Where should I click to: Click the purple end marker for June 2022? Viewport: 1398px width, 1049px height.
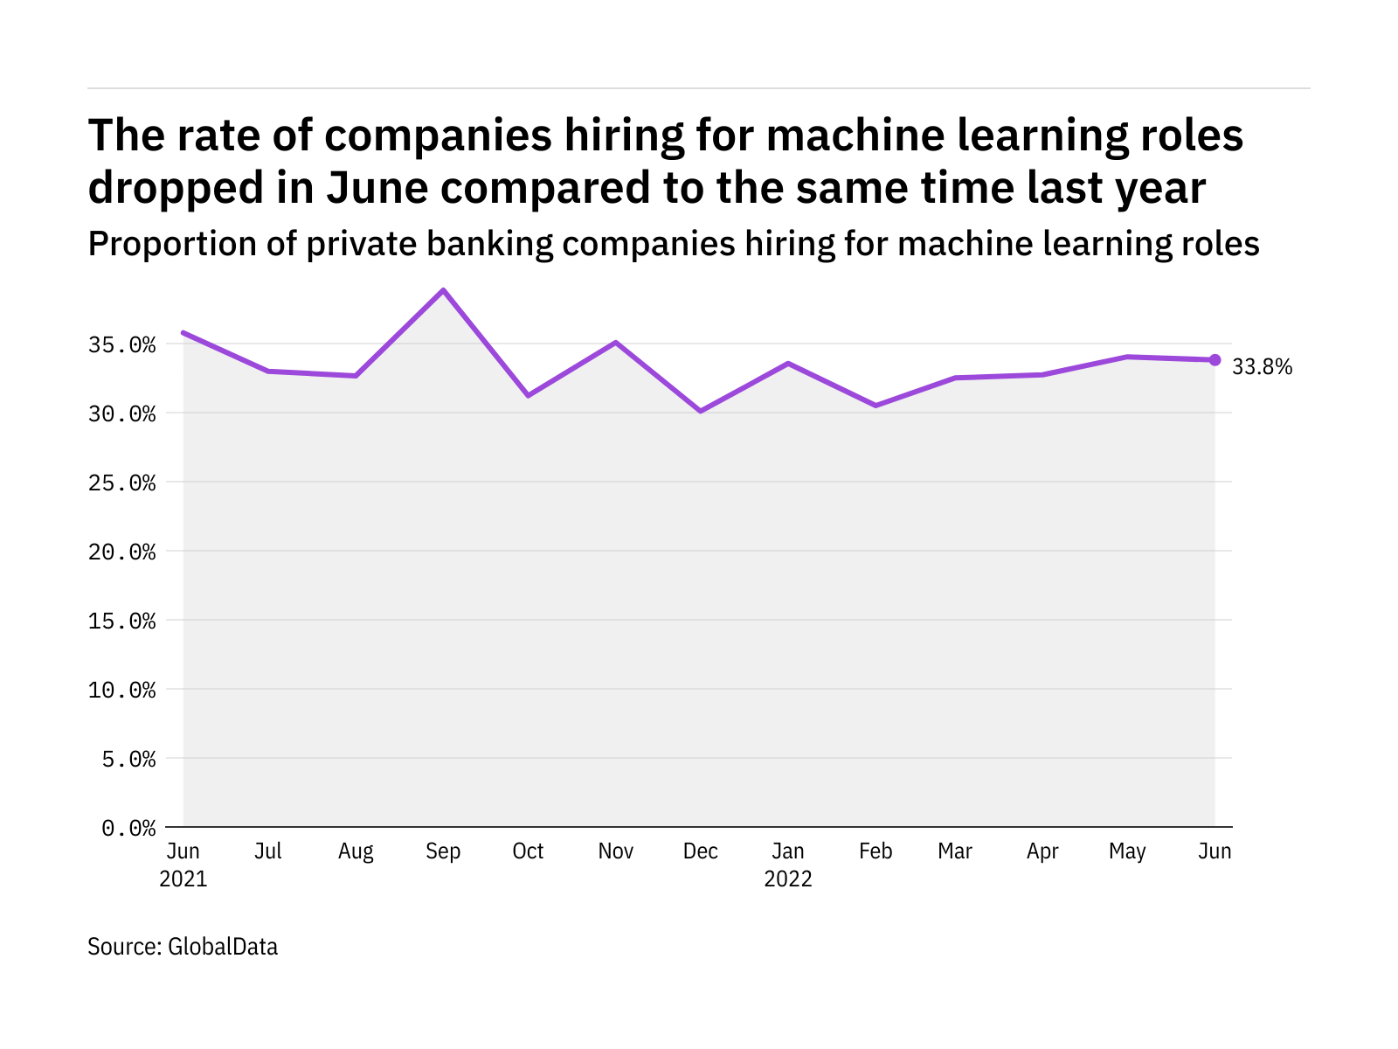(x=1215, y=359)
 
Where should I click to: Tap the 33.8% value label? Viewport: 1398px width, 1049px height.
(x=1262, y=367)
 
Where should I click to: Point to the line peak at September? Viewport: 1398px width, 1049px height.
(x=444, y=290)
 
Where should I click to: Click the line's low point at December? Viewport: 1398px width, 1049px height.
(x=701, y=411)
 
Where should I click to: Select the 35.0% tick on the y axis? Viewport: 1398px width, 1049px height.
(x=122, y=345)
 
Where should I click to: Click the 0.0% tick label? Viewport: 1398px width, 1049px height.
(x=129, y=828)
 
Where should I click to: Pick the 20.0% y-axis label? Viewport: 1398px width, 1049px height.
(x=122, y=552)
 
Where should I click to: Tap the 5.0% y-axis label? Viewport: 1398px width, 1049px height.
(x=129, y=760)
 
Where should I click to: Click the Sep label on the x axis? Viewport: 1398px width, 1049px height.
(x=443, y=851)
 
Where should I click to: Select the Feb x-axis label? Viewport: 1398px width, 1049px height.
(x=875, y=851)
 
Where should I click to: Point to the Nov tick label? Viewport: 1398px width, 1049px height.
(x=615, y=851)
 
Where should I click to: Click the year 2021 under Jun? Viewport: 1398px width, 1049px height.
(x=183, y=879)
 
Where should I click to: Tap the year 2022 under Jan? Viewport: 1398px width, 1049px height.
(x=788, y=879)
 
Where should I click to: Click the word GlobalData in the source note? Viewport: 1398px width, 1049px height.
(x=223, y=947)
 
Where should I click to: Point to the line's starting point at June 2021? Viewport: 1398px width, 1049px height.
(x=183, y=332)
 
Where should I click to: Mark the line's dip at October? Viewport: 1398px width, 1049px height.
(x=529, y=396)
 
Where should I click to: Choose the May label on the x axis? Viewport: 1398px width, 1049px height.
(x=1127, y=851)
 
